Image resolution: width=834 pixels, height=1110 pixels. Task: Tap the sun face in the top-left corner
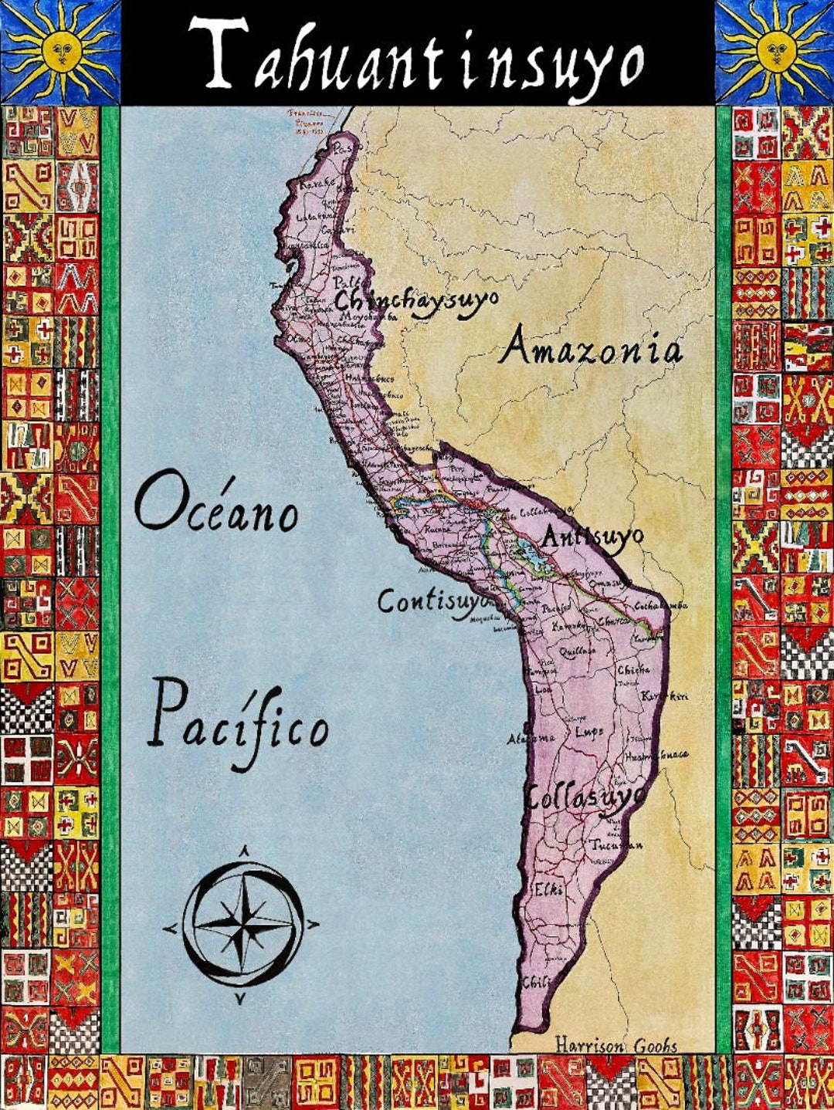point(62,51)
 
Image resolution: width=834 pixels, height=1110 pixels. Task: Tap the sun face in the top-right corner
point(775,51)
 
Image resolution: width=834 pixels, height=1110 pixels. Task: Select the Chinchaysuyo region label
point(417,300)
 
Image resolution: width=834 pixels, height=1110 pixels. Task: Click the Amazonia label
point(592,349)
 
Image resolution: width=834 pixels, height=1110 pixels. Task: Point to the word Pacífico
point(239,723)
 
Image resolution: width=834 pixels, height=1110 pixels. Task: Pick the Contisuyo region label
point(433,601)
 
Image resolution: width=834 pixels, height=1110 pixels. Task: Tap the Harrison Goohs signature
point(616,1046)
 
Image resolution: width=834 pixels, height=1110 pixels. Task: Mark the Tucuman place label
point(616,845)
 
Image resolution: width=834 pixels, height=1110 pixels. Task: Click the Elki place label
point(549,888)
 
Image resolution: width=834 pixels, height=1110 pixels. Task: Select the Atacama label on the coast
point(531,739)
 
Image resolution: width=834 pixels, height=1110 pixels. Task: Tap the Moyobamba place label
point(366,317)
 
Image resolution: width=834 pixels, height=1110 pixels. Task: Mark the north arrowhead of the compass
point(244,851)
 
